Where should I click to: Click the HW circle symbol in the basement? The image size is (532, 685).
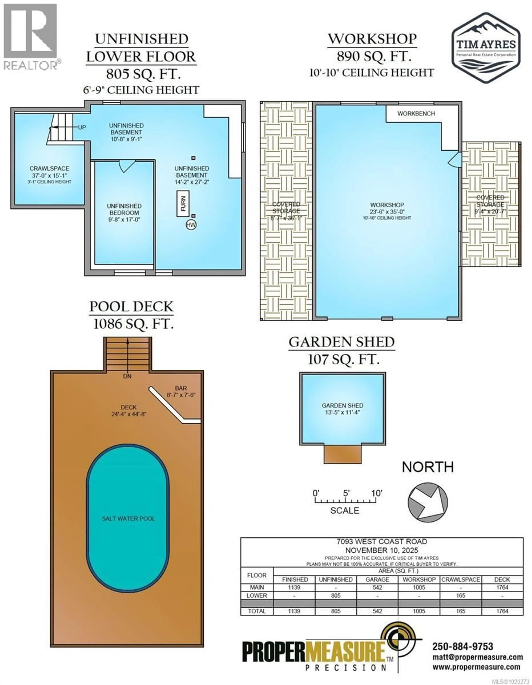tap(191, 225)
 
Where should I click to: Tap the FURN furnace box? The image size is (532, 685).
tap(183, 203)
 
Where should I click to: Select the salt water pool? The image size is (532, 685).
tap(128, 518)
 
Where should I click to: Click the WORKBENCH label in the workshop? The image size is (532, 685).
tap(416, 113)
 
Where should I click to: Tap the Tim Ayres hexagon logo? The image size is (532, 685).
tap(486, 48)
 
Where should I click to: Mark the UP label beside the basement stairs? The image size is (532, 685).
tap(82, 127)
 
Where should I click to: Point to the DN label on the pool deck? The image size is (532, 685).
tap(127, 376)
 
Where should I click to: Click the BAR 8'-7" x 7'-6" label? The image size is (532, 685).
tap(181, 391)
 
